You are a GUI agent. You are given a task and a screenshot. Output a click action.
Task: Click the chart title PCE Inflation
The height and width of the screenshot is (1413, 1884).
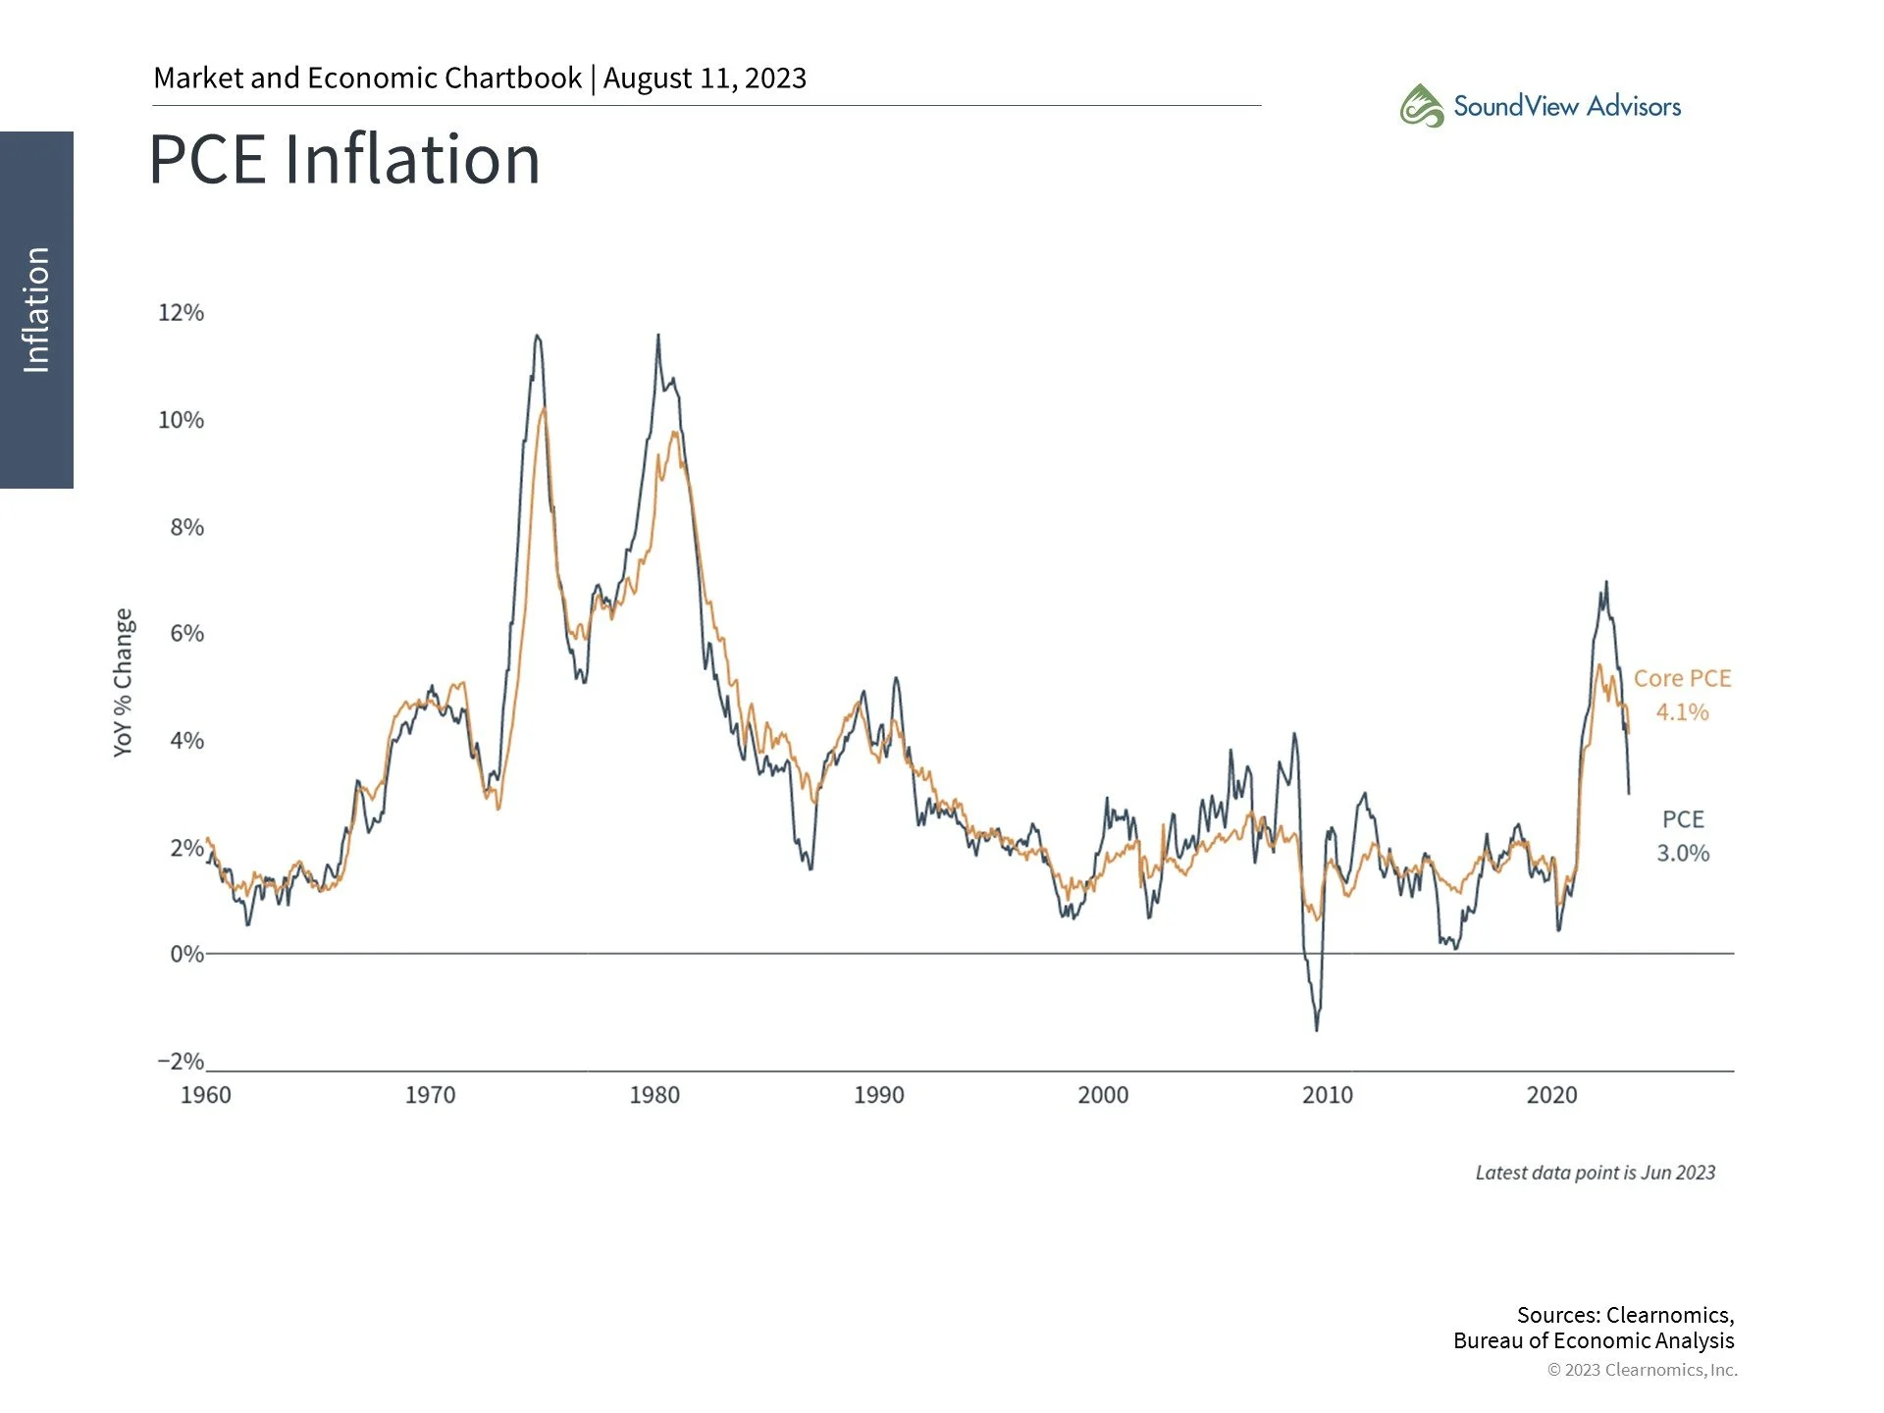pyautogui.click(x=344, y=160)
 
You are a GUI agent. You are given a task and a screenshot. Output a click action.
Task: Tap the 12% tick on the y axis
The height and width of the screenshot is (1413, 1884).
pyautogui.click(x=181, y=313)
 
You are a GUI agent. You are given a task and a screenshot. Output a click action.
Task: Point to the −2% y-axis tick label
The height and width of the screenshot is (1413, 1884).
pyautogui.click(x=181, y=1062)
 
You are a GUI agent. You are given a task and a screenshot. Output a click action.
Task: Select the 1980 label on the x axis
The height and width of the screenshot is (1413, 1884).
pyautogui.click(x=654, y=1095)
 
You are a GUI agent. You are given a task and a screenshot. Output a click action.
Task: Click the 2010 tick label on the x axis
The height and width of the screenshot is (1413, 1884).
pyautogui.click(x=1327, y=1095)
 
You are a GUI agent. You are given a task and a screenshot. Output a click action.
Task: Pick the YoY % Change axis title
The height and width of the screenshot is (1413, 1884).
pyautogui.click(x=123, y=682)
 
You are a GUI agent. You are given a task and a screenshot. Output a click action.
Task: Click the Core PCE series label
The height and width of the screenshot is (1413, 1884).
pyautogui.click(x=1682, y=678)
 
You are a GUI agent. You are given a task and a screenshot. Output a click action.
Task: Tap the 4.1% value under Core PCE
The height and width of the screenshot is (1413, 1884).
pyautogui.click(x=1682, y=712)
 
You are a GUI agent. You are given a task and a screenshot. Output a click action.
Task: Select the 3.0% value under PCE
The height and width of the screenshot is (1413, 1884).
pyautogui.click(x=1682, y=853)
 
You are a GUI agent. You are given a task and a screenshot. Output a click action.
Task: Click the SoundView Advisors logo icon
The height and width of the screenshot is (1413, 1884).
pyautogui.click(x=1421, y=106)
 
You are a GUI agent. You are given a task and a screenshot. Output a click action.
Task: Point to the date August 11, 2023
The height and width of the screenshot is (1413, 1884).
pyautogui.click(x=705, y=78)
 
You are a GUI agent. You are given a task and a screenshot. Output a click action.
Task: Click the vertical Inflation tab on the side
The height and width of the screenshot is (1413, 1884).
pyautogui.click(x=36, y=309)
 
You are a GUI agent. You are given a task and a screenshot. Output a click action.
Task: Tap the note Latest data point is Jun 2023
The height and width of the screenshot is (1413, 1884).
pyautogui.click(x=1595, y=1173)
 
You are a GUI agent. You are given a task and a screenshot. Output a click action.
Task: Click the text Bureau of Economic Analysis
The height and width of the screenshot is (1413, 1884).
pyautogui.click(x=1593, y=1340)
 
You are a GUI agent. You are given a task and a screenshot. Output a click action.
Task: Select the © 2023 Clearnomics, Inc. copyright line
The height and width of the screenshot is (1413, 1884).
pyautogui.click(x=1642, y=1370)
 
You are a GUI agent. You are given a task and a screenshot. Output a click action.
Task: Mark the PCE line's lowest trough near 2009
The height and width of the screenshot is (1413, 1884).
pyautogui.click(x=1316, y=1028)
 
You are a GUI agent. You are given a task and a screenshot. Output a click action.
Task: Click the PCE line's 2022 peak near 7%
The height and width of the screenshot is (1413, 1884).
pyautogui.click(x=1606, y=583)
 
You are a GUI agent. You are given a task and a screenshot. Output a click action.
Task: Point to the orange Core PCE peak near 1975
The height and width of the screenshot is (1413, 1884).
pyautogui.click(x=544, y=407)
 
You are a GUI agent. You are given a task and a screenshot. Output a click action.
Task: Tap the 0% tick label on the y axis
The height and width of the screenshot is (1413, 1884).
pyautogui.click(x=185, y=954)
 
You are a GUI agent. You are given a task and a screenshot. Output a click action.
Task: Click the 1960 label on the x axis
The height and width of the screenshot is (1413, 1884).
pyautogui.click(x=206, y=1095)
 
